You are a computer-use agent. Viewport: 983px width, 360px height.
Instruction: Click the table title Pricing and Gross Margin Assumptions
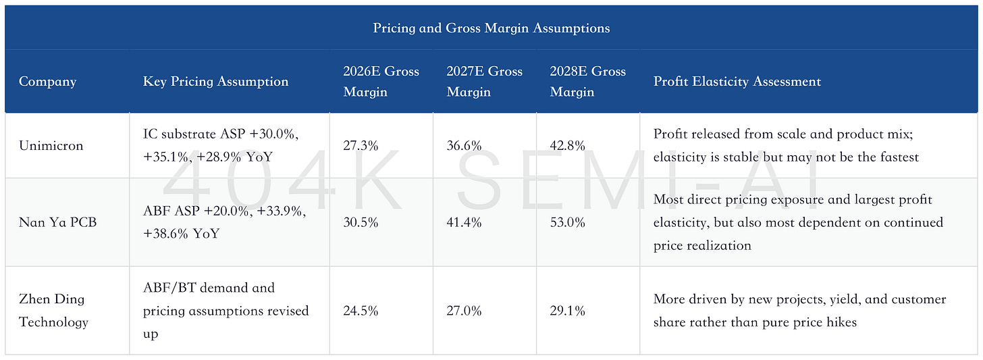(x=491, y=28)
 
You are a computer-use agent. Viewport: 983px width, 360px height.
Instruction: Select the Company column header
(x=47, y=81)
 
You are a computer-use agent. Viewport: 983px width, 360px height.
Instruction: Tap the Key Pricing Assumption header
(x=215, y=81)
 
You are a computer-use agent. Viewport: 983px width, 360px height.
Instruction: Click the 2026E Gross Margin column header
(x=381, y=81)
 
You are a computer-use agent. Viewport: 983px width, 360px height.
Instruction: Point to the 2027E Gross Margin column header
(x=485, y=81)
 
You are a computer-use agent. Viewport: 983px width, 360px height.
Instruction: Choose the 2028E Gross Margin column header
(x=587, y=81)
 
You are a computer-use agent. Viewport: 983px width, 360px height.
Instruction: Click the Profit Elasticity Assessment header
(x=737, y=81)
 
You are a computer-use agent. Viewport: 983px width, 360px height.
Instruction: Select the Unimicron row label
(x=51, y=145)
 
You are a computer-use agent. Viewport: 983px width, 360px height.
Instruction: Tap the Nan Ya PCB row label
(x=57, y=222)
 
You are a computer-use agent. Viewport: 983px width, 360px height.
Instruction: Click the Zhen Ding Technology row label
(x=53, y=311)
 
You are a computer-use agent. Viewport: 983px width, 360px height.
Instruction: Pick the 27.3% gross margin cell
(x=361, y=145)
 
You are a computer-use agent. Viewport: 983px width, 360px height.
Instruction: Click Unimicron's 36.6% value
(x=464, y=145)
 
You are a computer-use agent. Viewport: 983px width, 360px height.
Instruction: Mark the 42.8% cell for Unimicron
(x=567, y=145)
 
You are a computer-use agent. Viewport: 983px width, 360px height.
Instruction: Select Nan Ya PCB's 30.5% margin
(x=361, y=222)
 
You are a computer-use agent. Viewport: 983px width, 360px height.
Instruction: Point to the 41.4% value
(x=464, y=222)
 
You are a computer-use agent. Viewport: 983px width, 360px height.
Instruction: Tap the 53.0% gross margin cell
(x=567, y=222)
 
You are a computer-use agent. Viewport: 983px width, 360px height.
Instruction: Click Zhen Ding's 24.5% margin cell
(x=361, y=311)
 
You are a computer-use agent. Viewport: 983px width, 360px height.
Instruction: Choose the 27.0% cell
(x=464, y=311)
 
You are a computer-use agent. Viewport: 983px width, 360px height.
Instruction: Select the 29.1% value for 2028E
(x=567, y=311)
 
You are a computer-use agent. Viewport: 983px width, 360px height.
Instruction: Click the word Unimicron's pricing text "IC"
(x=150, y=134)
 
